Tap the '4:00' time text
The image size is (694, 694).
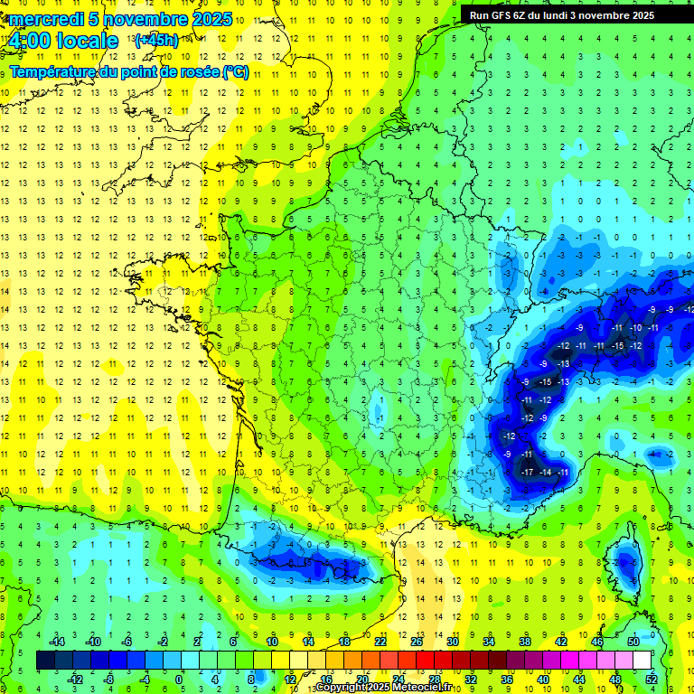point(33,41)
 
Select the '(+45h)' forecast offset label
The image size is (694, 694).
point(156,41)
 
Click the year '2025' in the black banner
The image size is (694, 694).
point(636,14)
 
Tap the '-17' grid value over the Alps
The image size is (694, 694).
point(527,473)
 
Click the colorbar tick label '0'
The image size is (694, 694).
point(179,680)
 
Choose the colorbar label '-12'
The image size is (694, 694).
point(75,680)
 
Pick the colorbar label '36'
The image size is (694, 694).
point(506,680)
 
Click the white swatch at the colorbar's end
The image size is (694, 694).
point(642,661)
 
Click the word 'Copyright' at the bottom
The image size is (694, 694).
point(342,688)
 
